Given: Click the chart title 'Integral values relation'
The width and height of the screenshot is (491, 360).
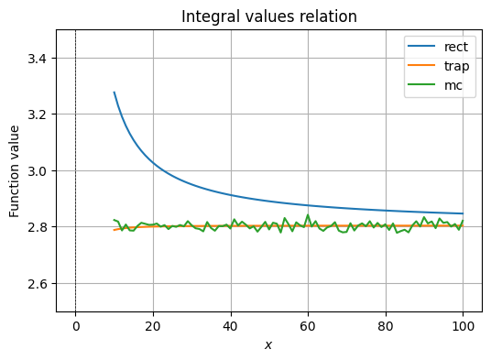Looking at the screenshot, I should (x=268, y=16).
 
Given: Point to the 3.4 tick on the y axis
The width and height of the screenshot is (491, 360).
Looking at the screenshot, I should (x=38, y=59).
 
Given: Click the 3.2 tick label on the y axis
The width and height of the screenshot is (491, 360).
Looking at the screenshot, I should (x=38, y=115).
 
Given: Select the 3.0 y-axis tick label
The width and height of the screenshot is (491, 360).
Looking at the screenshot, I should (x=38, y=171).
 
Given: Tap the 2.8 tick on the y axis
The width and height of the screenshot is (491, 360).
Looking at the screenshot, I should (x=38, y=227).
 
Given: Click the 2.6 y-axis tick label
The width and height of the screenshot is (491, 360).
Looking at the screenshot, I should (x=38, y=284).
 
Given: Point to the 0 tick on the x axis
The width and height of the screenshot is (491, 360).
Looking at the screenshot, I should (x=75, y=324).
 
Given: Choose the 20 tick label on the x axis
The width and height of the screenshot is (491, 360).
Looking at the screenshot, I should (x=153, y=324).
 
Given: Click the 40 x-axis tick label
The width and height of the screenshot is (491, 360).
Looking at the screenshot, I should (x=230, y=324).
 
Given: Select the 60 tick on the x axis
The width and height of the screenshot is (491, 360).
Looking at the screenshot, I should (x=308, y=324).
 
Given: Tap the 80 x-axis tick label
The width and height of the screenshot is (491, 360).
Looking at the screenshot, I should (x=386, y=324).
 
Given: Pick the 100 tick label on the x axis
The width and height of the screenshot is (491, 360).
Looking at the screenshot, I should (x=463, y=324).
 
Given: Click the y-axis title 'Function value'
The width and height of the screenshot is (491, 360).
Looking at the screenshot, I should (x=15, y=171).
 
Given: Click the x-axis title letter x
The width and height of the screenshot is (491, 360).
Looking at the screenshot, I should (x=268, y=344).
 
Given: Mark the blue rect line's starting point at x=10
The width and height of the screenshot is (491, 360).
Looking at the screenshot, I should (x=114, y=93).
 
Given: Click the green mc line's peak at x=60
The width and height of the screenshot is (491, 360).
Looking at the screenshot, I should (x=308, y=216).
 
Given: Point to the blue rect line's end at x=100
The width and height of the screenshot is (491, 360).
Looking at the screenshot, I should (x=463, y=213).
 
